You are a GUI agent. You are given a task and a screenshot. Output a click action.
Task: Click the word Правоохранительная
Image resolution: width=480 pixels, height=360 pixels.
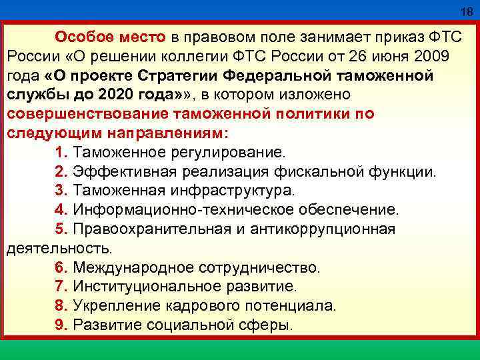coord(149,229)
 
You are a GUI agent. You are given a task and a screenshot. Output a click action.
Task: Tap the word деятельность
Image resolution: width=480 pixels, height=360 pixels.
coord(59,249)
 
